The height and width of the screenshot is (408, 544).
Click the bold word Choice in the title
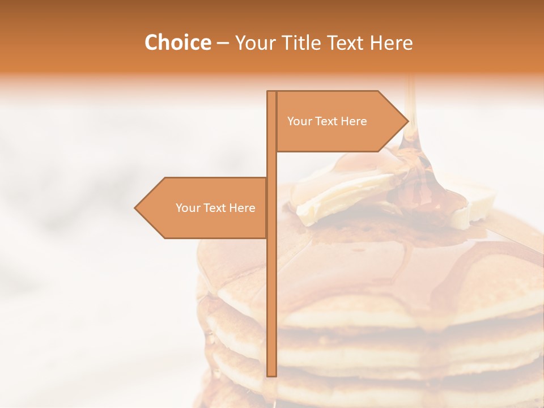(x=177, y=42)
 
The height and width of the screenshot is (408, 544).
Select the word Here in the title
(x=392, y=43)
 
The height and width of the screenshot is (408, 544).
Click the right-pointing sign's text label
(x=327, y=121)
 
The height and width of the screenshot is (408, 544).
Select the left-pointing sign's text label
(x=215, y=208)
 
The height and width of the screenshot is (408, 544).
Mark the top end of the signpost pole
(x=271, y=92)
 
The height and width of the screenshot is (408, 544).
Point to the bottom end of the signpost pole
(x=271, y=375)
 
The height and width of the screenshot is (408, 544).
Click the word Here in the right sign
(x=354, y=121)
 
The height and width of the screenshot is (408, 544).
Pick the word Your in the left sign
(x=188, y=208)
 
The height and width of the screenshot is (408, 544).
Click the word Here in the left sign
(x=242, y=208)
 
